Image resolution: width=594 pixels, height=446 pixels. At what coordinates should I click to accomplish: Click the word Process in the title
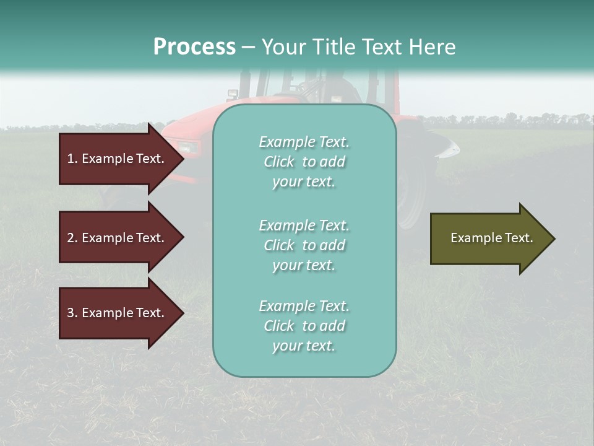pyautogui.click(x=194, y=46)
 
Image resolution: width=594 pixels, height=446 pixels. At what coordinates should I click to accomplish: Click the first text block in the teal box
pyautogui.click(x=304, y=162)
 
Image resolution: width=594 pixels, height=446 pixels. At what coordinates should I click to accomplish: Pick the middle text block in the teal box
pyautogui.click(x=304, y=245)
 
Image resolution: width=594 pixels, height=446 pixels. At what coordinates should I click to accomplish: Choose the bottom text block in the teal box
pyautogui.click(x=304, y=326)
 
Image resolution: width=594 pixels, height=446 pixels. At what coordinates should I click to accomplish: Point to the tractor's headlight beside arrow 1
pyautogui.click(x=189, y=147)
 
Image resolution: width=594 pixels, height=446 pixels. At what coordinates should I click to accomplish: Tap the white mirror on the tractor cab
pyautogui.click(x=233, y=94)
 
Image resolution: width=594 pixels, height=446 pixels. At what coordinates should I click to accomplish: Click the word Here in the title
pyautogui.click(x=433, y=46)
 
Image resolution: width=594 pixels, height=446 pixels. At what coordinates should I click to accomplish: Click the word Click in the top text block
pyautogui.click(x=279, y=162)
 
